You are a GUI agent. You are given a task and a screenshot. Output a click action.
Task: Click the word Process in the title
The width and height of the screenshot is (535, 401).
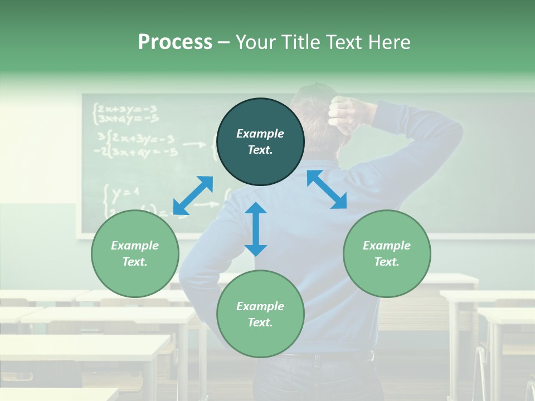point(175,42)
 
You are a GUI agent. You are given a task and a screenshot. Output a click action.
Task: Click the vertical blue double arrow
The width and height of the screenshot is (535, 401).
point(256,229)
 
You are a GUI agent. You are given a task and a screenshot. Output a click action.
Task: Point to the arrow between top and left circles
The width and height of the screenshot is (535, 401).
point(193,195)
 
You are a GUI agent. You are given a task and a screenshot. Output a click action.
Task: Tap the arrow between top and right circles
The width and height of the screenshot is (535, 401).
point(327,189)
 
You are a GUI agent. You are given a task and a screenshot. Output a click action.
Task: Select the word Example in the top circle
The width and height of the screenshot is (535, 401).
point(260,134)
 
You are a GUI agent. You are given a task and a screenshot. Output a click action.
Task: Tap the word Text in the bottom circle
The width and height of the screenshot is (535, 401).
point(260,322)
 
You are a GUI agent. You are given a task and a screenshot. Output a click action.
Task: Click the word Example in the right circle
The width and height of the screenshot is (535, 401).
point(387,246)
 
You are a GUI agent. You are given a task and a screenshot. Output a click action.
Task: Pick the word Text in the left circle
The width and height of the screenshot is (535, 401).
point(135,262)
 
